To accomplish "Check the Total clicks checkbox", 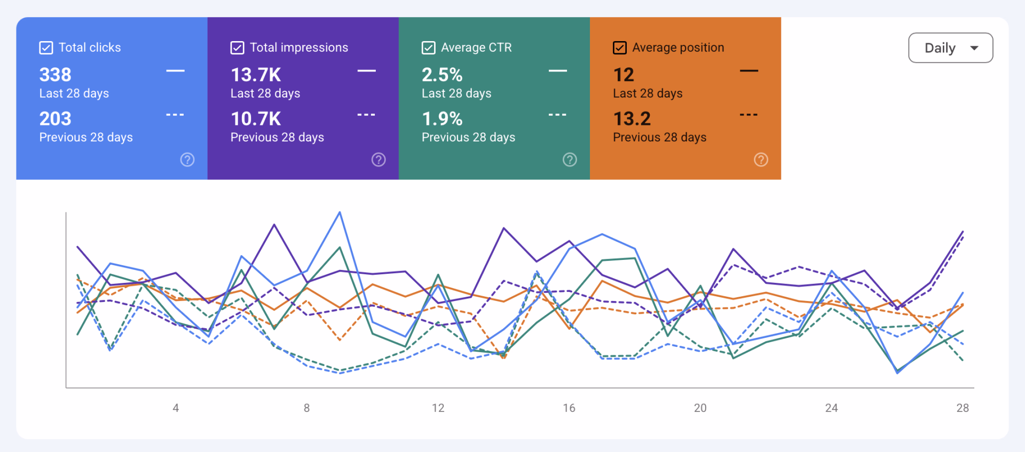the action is pyautogui.click(x=46, y=48).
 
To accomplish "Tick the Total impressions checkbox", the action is pyautogui.click(x=238, y=48).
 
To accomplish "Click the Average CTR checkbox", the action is pyautogui.click(x=429, y=48).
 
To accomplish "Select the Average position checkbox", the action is pyautogui.click(x=620, y=48).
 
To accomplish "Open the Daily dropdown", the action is pyautogui.click(x=951, y=48).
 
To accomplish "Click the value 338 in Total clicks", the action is pyautogui.click(x=56, y=75).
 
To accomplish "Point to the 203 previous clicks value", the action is pyautogui.click(x=56, y=118).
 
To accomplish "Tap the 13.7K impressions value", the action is pyautogui.click(x=256, y=75).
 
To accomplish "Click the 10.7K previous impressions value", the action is pyautogui.click(x=256, y=118).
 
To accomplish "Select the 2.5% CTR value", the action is pyautogui.click(x=442, y=75).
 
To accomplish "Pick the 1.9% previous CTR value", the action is pyautogui.click(x=442, y=118).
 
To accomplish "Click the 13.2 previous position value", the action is pyautogui.click(x=632, y=118).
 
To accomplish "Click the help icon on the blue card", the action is pyautogui.click(x=187, y=160).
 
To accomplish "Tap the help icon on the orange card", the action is pyautogui.click(x=761, y=160).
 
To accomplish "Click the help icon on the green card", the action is pyautogui.click(x=570, y=160).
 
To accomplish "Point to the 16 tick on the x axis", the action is pyautogui.click(x=569, y=408).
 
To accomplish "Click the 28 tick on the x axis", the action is pyautogui.click(x=963, y=408).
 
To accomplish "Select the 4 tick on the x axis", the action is pyautogui.click(x=176, y=408).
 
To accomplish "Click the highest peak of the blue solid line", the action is pyautogui.click(x=340, y=212).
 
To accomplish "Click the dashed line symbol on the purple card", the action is pyautogui.click(x=366, y=115).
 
